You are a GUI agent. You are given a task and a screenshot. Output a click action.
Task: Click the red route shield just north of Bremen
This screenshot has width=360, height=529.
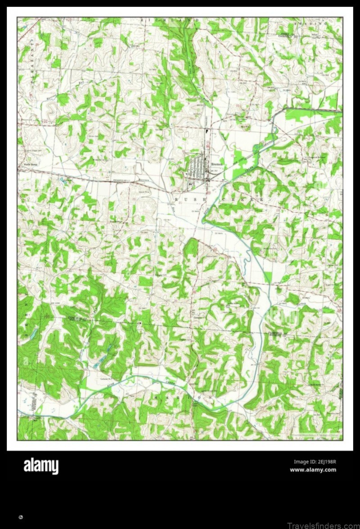pyautogui.click(x=207, y=144)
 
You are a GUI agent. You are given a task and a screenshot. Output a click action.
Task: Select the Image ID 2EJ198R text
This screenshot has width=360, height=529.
pyautogui.click(x=315, y=461)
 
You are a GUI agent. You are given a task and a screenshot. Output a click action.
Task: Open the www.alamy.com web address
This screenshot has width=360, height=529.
pyautogui.click(x=313, y=470)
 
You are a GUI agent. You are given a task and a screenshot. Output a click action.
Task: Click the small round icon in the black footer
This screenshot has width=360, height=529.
pyautogui.click(x=21, y=517)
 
